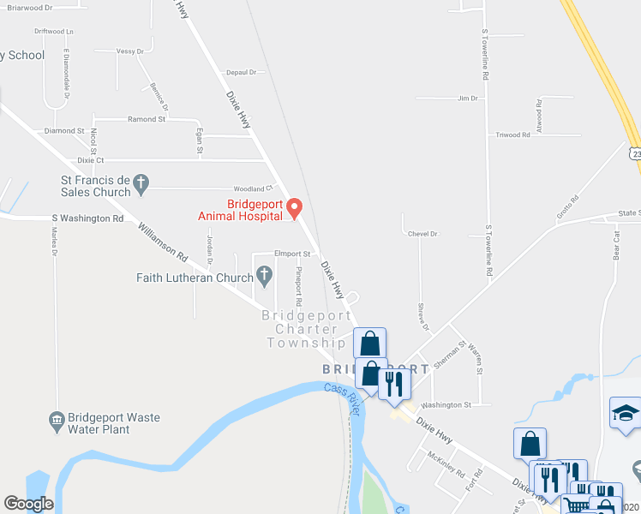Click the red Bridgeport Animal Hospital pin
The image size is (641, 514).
[x=295, y=207]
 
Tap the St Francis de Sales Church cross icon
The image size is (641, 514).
[x=142, y=182]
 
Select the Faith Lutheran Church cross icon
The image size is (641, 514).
[x=265, y=276]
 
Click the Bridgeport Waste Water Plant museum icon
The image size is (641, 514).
[x=57, y=420]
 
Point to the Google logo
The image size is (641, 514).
[x=28, y=504]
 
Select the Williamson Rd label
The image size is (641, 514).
[x=163, y=242]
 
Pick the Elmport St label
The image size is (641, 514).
[x=291, y=254]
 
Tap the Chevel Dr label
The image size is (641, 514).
[x=423, y=233]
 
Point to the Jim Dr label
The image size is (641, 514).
[x=467, y=99]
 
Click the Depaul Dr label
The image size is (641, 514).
[x=242, y=73]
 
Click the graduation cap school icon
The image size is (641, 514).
[x=626, y=413]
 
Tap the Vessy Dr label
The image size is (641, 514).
[x=129, y=51]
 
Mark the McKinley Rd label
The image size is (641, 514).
[x=447, y=467]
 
